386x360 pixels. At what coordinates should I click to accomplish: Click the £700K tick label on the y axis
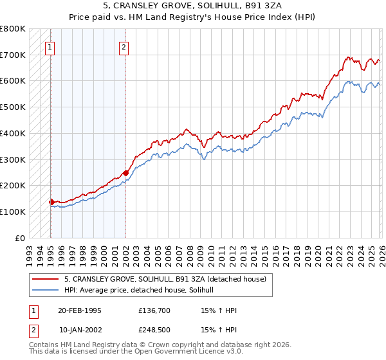point(13,55)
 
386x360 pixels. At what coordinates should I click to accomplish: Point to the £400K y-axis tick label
point(13,133)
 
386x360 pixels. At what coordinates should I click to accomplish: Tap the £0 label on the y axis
point(19,237)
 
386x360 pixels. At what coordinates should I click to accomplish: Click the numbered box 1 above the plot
point(50,46)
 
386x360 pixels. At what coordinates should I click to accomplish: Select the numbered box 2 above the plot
point(124,46)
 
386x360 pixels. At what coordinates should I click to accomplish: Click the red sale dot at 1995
point(51,202)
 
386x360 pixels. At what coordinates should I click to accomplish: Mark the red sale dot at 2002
point(125,172)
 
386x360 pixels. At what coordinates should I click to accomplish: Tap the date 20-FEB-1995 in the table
point(79,310)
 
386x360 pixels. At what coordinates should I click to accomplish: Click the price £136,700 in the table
point(154,310)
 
